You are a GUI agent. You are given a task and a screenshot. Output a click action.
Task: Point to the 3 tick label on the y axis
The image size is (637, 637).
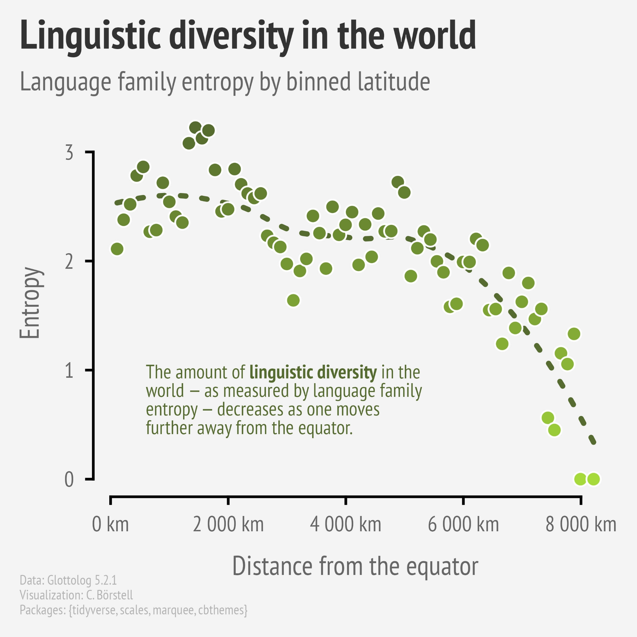pos(69,153)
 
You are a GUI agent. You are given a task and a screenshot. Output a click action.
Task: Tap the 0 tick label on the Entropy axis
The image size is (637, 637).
pos(69,480)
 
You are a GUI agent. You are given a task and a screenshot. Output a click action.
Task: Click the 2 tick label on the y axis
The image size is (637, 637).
pos(69,262)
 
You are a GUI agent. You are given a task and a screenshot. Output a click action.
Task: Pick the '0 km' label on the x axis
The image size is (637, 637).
pos(110,525)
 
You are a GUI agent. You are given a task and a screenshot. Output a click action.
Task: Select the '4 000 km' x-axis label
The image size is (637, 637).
pos(345,525)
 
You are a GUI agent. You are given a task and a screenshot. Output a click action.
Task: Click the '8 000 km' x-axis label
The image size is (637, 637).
pos(581,525)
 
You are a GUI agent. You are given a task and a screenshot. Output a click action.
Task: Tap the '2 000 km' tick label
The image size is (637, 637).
pos(228,525)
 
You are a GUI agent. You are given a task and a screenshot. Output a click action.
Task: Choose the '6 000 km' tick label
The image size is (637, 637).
pos(463,525)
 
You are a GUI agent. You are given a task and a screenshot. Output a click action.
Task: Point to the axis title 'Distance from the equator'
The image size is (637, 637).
pos(355,566)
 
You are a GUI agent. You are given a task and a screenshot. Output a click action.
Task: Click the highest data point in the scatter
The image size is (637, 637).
pos(196,127)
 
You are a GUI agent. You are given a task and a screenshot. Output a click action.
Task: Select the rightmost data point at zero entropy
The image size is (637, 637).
pos(593,479)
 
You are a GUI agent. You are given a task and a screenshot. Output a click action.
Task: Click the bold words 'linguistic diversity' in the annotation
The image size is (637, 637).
pos(313,372)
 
